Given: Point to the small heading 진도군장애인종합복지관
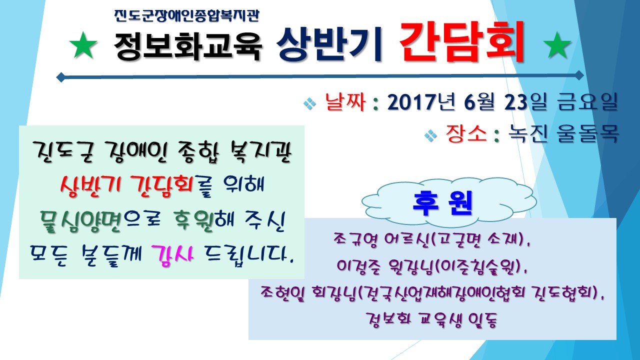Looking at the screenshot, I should click(x=186, y=15).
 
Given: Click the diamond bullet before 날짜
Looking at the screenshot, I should click(x=310, y=103).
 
